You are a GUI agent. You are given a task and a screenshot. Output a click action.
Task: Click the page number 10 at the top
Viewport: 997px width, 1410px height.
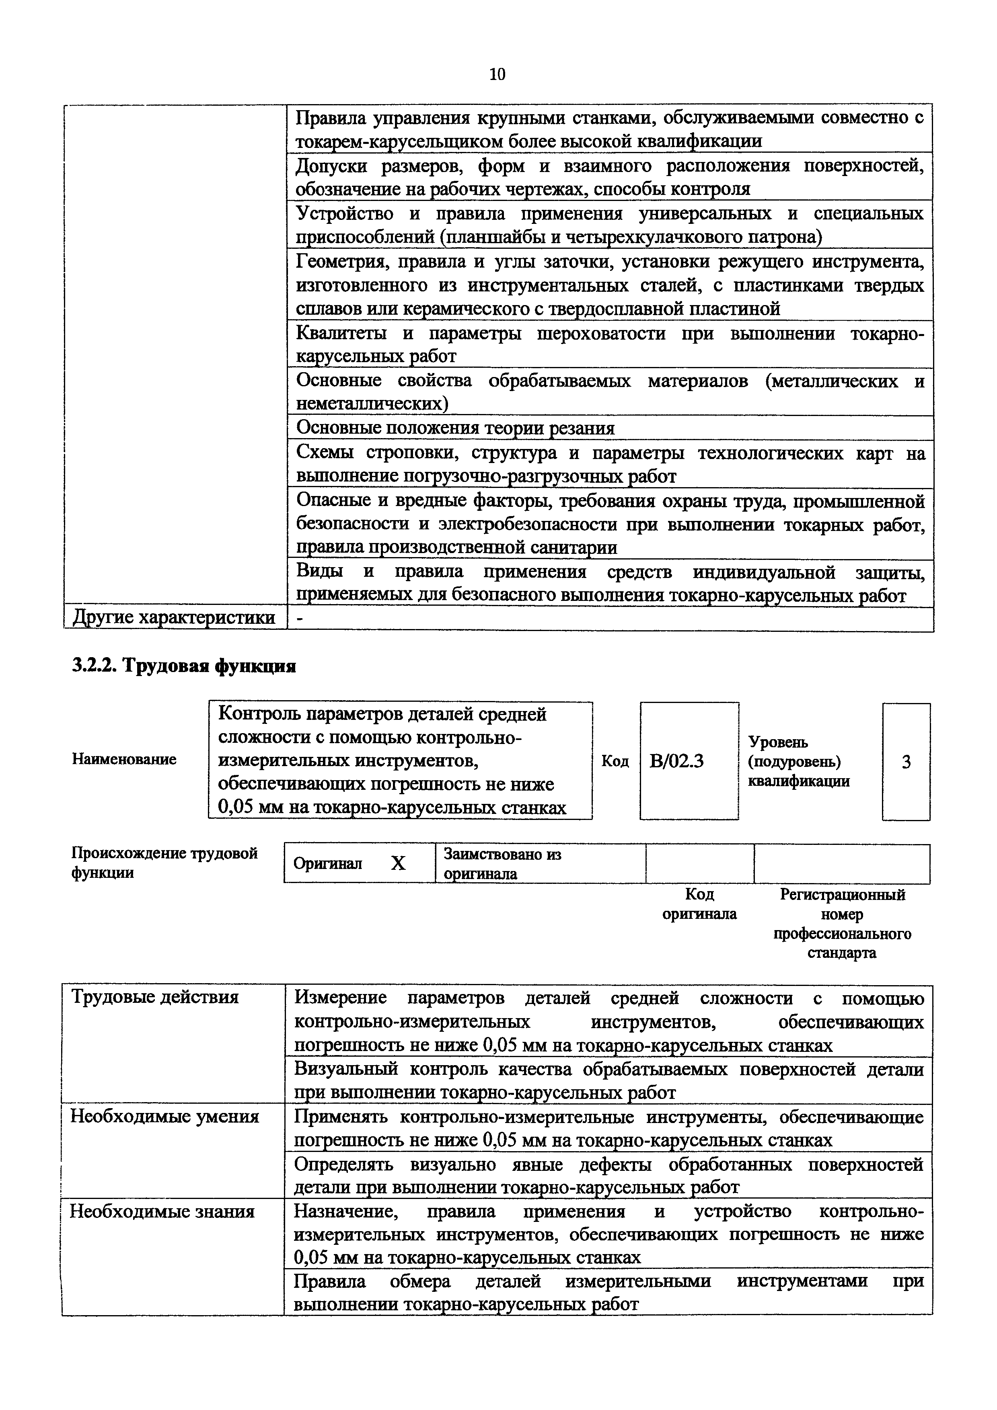point(497,74)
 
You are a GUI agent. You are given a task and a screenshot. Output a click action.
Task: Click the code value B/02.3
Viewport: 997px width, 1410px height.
point(676,762)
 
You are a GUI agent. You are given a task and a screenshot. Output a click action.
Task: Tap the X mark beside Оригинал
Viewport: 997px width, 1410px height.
point(398,863)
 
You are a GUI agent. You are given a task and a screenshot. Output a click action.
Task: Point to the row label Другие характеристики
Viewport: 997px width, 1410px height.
point(174,617)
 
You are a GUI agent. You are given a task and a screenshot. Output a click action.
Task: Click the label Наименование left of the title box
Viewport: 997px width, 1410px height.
point(124,759)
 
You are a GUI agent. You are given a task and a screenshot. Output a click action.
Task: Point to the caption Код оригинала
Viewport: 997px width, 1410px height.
point(699,904)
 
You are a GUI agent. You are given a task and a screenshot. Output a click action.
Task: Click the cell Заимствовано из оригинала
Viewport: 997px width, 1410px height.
point(502,863)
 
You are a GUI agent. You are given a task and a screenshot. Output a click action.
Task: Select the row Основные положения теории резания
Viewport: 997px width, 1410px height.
point(455,428)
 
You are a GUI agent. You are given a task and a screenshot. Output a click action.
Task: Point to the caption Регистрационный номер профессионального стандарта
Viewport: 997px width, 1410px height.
point(842,924)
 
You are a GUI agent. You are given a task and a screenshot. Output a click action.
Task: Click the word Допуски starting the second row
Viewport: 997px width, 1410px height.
point(332,166)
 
